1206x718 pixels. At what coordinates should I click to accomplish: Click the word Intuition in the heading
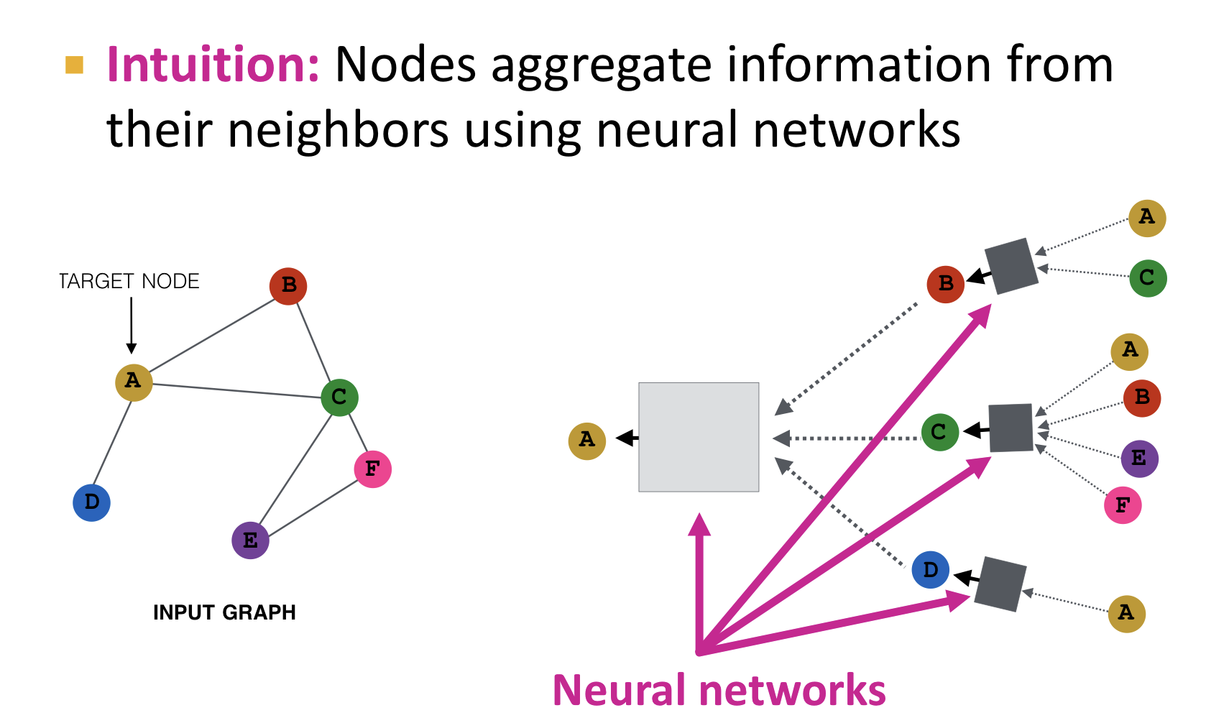tap(213, 65)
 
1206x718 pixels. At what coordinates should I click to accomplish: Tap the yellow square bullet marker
tap(74, 65)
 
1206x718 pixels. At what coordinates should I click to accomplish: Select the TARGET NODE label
tap(129, 281)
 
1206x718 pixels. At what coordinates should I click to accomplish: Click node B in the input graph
tap(288, 286)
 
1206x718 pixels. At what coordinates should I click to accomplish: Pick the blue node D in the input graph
tap(91, 502)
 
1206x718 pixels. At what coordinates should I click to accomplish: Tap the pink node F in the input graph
tap(372, 469)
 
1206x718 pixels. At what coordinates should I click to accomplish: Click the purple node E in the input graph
tap(250, 540)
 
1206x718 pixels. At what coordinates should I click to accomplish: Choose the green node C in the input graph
tap(339, 397)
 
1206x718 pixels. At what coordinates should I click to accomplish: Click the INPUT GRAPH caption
tap(224, 612)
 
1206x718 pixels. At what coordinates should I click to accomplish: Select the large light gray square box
tap(699, 437)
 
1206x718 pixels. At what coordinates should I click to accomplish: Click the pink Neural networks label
tap(719, 691)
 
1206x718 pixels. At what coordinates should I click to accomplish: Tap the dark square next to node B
tap(1011, 266)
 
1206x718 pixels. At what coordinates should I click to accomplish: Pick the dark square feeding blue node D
tap(1000, 584)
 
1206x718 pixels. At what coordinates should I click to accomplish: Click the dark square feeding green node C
tap(1011, 428)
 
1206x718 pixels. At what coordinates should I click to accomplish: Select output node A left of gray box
tap(586, 441)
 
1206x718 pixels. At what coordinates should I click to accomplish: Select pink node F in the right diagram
tap(1122, 505)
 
